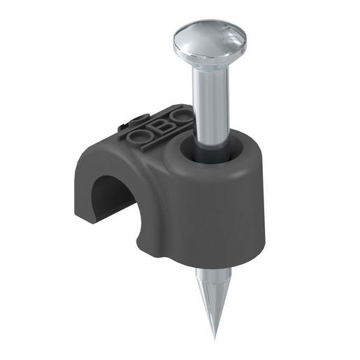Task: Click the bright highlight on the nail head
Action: click(x=203, y=31)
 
